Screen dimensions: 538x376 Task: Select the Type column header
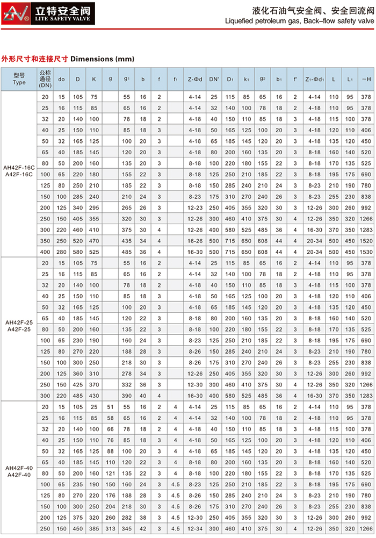(x=19, y=80)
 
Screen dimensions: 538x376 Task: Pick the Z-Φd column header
(x=195, y=79)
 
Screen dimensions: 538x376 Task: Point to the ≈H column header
(x=366, y=79)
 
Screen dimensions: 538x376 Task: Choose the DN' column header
(x=214, y=79)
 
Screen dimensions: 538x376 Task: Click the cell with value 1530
(x=366, y=252)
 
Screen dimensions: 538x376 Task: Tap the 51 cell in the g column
(x=111, y=407)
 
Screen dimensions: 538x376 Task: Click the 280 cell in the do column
(x=61, y=252)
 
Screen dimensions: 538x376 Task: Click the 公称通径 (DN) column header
(x=45, y=78)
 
